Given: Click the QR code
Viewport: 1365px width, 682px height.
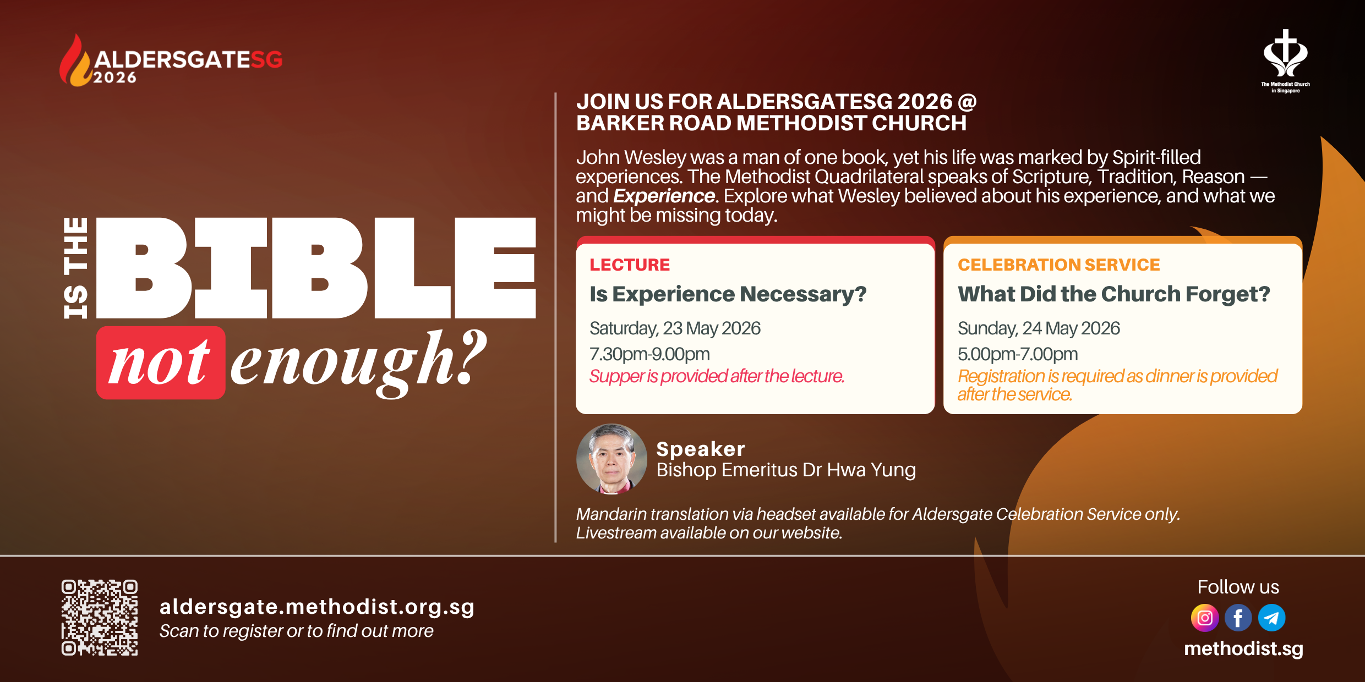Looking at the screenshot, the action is pyautogui.click(x=100, y=617).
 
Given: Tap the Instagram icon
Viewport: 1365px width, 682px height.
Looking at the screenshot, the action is pyautogui.click(x=1205, y=618).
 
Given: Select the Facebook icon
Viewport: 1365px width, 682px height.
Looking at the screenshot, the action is pyautogui.click(x=1238, y=618).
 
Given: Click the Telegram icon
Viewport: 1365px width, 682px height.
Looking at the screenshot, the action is pyautogui.click(x=1272, y=618).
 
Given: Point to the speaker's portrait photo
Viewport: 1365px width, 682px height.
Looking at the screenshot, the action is pyautogui.click(x=611, y=459).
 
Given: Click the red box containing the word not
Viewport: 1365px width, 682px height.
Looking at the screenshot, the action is pyautogui.click(x=161, y=362).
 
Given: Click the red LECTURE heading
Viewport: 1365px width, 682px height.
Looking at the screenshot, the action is pyautogui.click(x=630, y=265).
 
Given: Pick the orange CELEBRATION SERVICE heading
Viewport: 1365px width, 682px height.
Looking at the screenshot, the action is pyautogui.click(x=1058, y=265).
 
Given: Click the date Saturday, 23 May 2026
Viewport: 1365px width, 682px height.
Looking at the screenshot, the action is pyautogui.click(x=675, y=328).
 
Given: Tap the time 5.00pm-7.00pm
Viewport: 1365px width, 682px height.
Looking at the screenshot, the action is pyautogui.click(x=1018, y=354).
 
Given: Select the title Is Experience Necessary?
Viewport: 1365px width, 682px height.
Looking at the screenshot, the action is pyautogui.click(x=728, y=294).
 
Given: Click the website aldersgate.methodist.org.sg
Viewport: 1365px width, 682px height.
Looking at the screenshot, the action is pyautogui.click(x=317, y=607).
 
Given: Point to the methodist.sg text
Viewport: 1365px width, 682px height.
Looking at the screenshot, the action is pyautogui.click(x=1243, y=649).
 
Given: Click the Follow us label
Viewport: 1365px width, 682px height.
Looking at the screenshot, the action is pyautogui.click(x=1238, y=587).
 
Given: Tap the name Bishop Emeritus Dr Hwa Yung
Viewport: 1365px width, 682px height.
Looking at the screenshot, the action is pyautogui.click(x=786, y=470).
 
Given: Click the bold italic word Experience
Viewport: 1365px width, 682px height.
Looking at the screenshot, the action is pyautogui.click(x=664, y=196).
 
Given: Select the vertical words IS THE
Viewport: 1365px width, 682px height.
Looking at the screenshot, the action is pyautogui.click(x=76, y=268).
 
